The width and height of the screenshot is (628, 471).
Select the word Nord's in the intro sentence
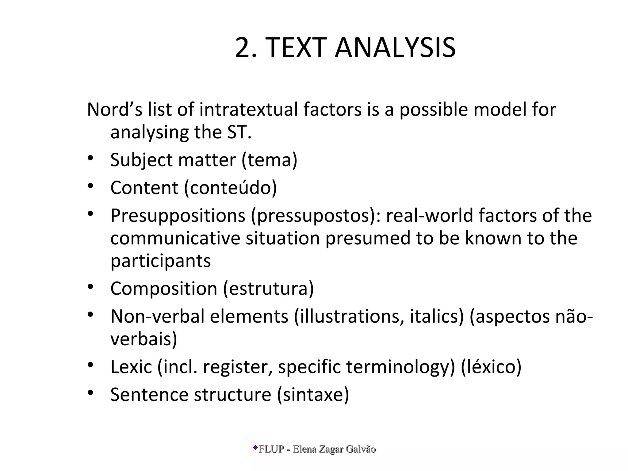[x=115, y=109]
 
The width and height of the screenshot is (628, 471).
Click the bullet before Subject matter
[x=90, y=158]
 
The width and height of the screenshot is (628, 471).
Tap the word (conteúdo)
[x=230, y=188]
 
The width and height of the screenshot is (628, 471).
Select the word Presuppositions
[x=178, y=216]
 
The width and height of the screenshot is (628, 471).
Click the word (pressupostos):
[x=316, y=216]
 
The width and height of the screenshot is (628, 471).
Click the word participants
[x=160, y=261]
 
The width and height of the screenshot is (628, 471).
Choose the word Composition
[x=164, y=289]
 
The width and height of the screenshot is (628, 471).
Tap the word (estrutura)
[x=268, y=289]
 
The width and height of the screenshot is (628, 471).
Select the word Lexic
[x=131, y=367]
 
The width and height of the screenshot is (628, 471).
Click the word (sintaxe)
[x=313, y=394]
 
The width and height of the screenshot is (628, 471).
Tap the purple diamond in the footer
[x=255, y=448]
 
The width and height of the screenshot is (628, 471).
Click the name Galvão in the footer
[x=361, y=449]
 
